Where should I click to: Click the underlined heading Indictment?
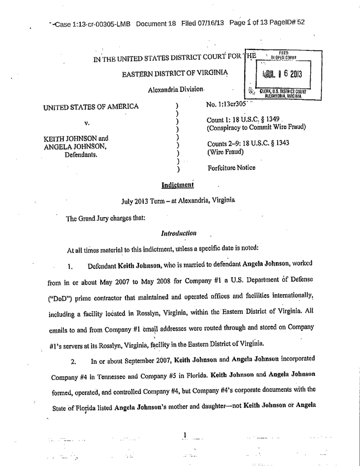(177, 184)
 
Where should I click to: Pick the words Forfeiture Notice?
(231, 168)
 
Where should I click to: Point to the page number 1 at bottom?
(184, 436)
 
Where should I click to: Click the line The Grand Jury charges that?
(106, 217)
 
